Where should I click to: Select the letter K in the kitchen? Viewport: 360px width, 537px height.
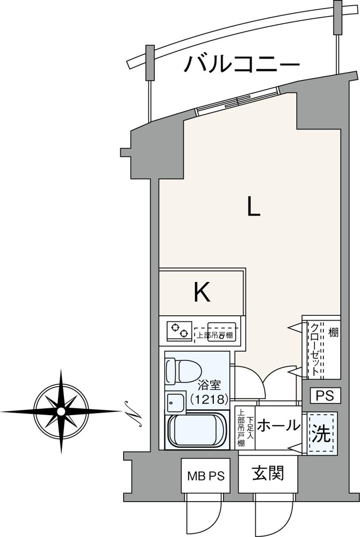click(202, 293)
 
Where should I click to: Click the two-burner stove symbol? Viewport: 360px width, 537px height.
click(179, 331)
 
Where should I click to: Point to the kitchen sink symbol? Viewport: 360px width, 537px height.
click(221, 331)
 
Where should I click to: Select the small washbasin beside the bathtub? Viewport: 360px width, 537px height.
click(176, 402)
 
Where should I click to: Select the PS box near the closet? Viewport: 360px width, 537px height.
click(325, 396)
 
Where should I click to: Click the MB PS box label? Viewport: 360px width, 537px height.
click(205, 476)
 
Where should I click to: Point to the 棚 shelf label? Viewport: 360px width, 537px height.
click(333, 332)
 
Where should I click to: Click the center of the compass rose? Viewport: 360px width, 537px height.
click(61, 411)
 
